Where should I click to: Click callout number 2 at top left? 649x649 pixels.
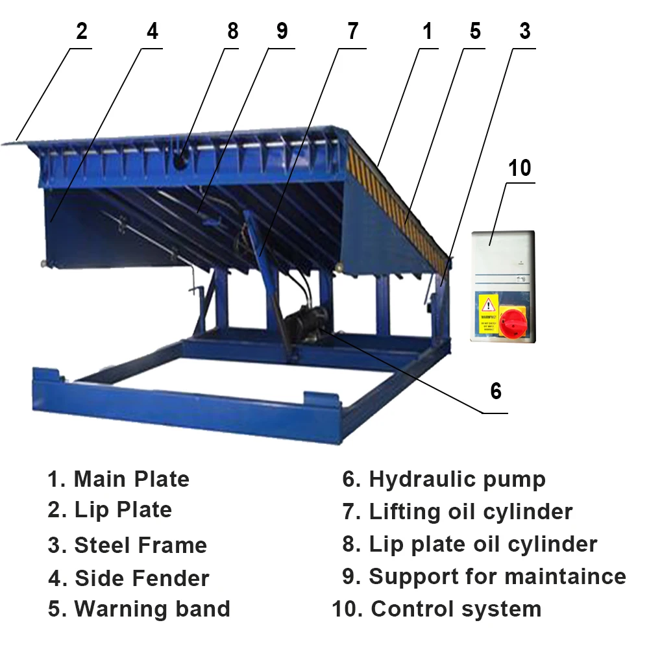pos(82,31)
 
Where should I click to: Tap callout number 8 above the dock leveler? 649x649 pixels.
pos(233,31)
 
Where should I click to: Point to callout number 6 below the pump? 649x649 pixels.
pos(496,391)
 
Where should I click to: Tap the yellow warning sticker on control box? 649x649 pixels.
pos(487,313)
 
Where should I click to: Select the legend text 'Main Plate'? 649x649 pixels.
pos(131,480)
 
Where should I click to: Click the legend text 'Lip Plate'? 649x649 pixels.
pos(123,510)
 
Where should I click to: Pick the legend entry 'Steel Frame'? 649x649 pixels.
pos(140,545)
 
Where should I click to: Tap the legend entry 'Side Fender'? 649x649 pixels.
pos(141,578)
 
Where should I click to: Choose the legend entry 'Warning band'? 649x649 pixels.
pos(152,609)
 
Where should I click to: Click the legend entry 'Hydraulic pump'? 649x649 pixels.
pos(457,480)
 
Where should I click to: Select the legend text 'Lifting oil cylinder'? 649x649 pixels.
pos(471,511)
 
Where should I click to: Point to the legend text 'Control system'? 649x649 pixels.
pos(456,609)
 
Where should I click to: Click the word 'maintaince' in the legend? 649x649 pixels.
pos(565,576)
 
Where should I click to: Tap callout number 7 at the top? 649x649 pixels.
pos(352,31)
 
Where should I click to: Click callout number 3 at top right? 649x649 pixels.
pos(525,31)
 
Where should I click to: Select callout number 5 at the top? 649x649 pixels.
pos(476,31)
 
